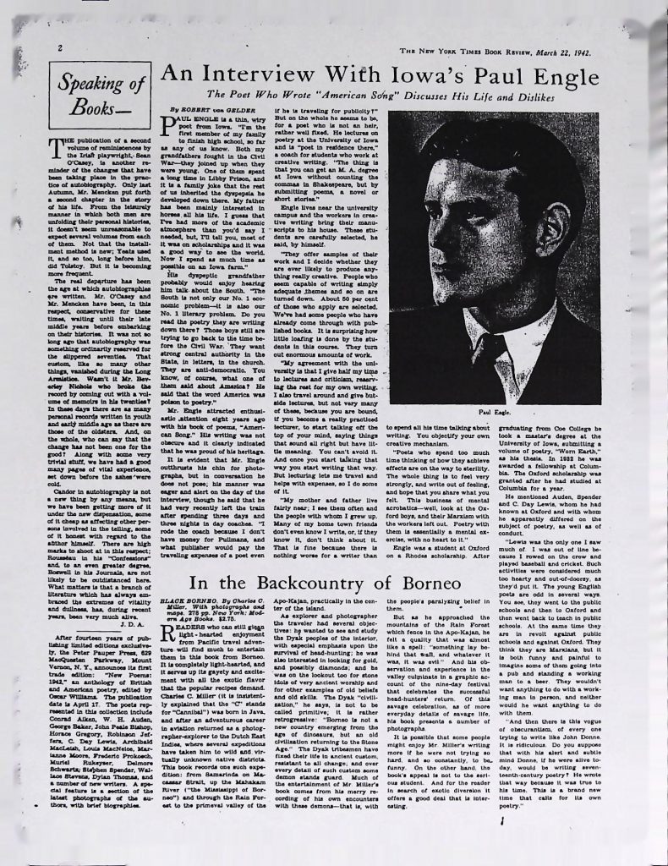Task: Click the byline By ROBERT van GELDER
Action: [x=205, y=110]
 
